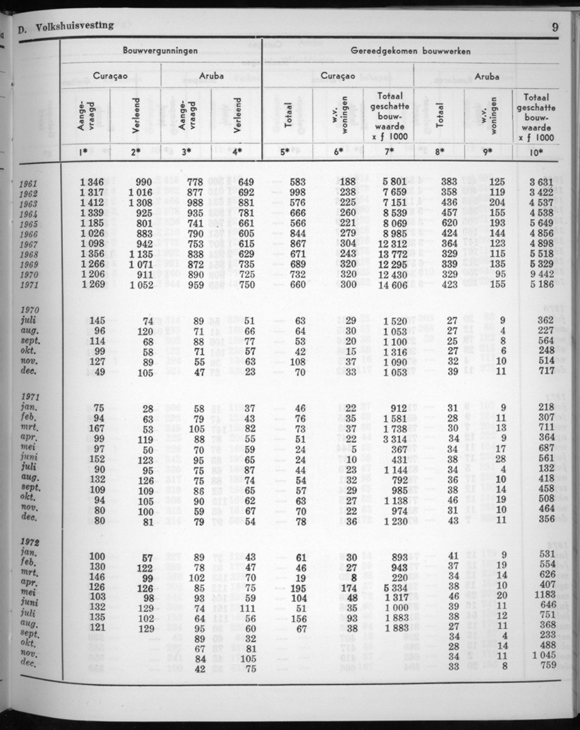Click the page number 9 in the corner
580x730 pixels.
click(x=555, y=28)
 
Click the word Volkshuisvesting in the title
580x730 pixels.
click(x=75, y=26)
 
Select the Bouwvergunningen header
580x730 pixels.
click(x=160, y=50)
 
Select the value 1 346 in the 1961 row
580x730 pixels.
click(x=91, y=182)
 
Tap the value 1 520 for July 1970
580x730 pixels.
click(x=395, y=321)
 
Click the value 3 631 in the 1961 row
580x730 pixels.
click(x=540, y=182)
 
